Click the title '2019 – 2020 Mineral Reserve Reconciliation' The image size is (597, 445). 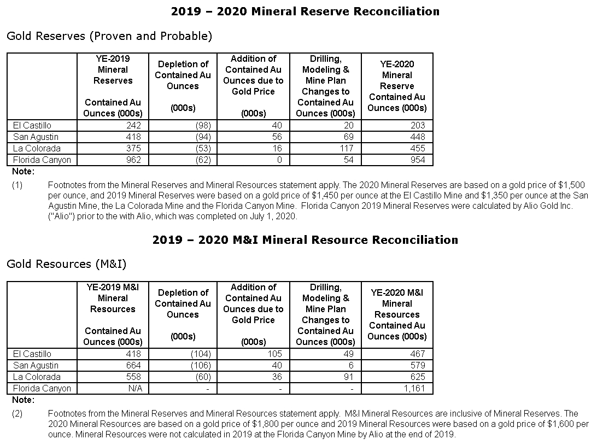point(305,11)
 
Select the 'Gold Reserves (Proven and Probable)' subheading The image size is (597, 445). point(109,36)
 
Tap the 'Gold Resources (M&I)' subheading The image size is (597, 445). point(67,264)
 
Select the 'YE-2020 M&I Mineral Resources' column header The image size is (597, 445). point(397,314)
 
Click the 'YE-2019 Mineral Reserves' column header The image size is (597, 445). point(113,69)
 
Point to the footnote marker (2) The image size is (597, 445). point(17,413)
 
